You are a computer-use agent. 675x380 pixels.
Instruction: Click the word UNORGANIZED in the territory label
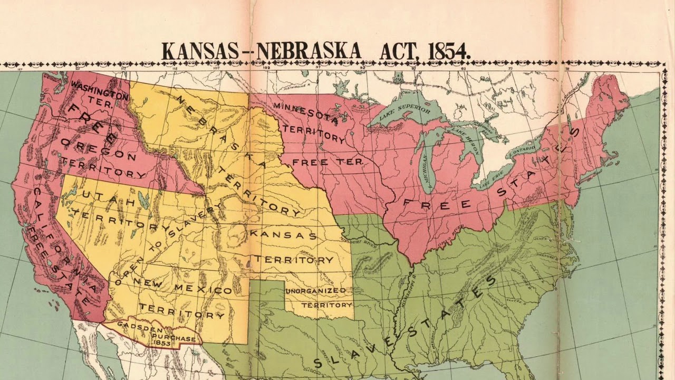click(316, 291)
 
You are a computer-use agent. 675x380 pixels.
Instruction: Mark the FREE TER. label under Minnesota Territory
click(327, 161)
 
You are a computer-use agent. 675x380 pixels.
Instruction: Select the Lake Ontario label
click(524, 149)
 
